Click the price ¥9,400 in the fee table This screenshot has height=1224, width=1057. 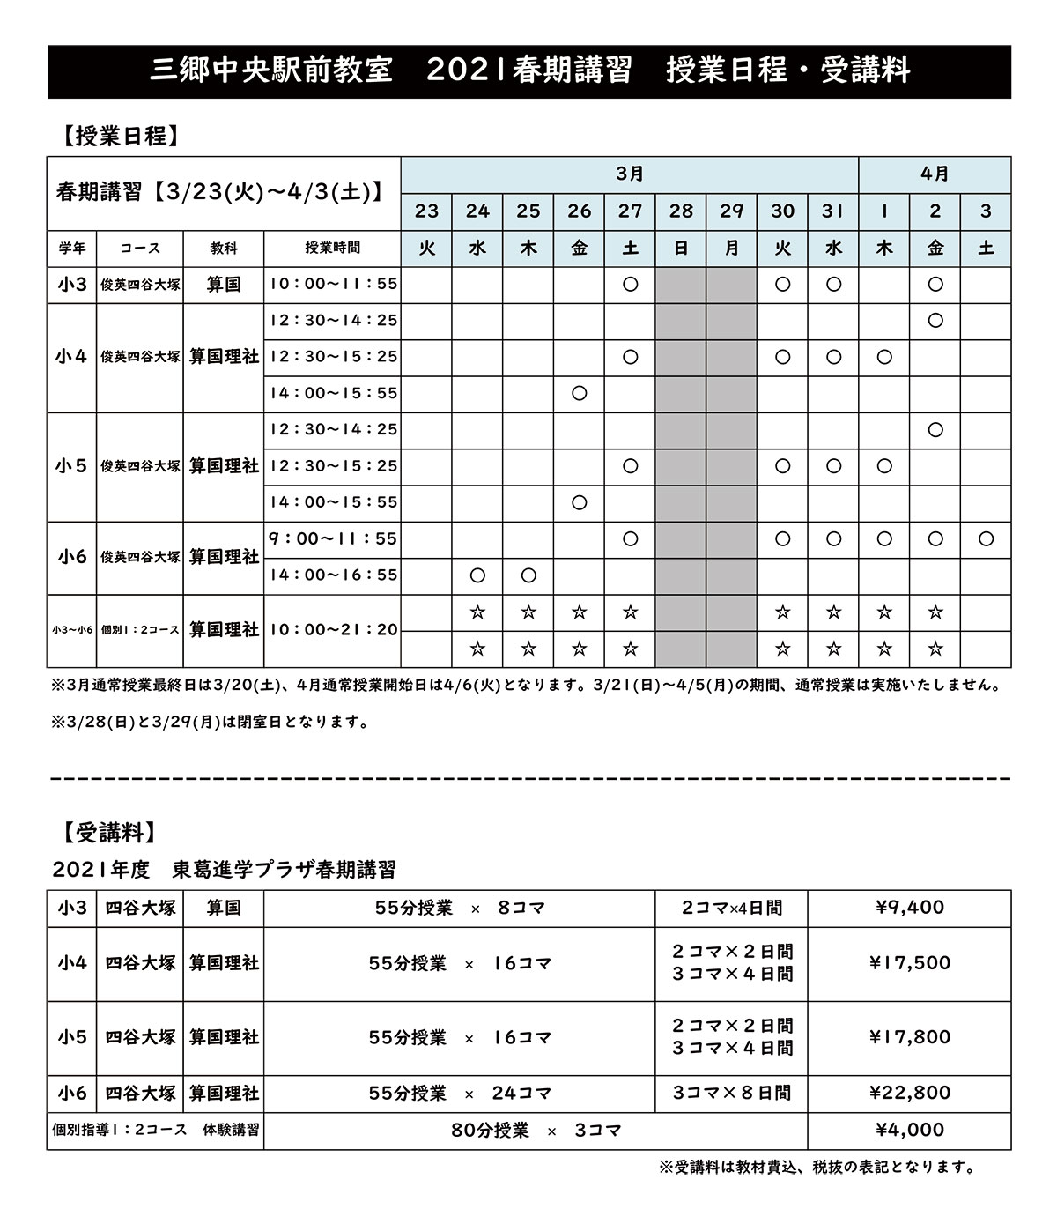pyautogui.click(x=910, y=908)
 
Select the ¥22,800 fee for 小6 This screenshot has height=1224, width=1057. pyautogui.click(x=910, y=1094)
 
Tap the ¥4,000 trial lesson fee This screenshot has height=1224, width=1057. pyautogui.click(x=910, y=1131)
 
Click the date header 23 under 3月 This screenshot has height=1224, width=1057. pyautogui.click(x=426, y=211)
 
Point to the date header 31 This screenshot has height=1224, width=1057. pyautogui.click(x=833, y=211)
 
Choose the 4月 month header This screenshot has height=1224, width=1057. pyautogui.click(x=935, y=174)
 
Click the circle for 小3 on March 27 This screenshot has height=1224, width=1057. pyautogui.click(x=630, y=285)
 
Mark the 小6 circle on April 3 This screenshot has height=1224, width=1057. pyautogui.click(x=986, y=538)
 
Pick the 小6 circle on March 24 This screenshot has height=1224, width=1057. pyautogui.click(x=477, y=575)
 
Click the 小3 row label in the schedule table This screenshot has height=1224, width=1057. pyautogui.click(x=71, y=285)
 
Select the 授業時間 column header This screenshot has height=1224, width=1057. pyautogui.click(x=333, y=249)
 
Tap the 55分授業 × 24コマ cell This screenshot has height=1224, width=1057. pyautogui.click(x=460, y=1094)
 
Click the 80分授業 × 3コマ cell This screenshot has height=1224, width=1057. pyautogui.click(x=536, y=1131)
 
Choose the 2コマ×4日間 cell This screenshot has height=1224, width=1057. pyautogui.click(x=732, y=908)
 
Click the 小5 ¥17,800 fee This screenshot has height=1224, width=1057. pyautogui.click(x=910, y=1037)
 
